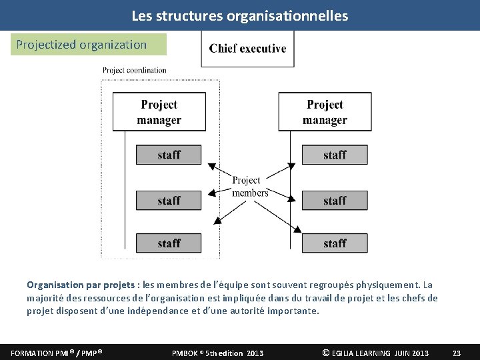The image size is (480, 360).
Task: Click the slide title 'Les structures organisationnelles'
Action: coord(239,15)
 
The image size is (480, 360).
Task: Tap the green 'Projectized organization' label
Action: coord(81,45)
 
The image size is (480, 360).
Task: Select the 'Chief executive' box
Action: coord(247,49)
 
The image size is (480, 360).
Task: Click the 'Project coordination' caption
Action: coord(135,70)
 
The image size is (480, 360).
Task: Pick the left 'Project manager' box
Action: coord(159,112)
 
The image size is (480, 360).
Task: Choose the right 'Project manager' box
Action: coord(325,112)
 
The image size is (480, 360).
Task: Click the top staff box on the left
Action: coord(169,155)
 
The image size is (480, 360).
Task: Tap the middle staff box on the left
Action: coord(169,200)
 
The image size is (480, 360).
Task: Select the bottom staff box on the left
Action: coord(169,243)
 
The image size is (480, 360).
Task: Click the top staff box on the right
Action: coord(335,155)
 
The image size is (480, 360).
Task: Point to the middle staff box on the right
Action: coord(335,200)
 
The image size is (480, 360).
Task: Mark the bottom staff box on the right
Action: coord(335,243)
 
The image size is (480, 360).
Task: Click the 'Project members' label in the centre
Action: coord(249,187)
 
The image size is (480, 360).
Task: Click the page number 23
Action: coord(457,353)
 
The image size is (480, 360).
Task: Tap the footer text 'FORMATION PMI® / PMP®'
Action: coord(56,353)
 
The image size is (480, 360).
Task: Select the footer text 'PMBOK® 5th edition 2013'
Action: coord(217,353)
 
